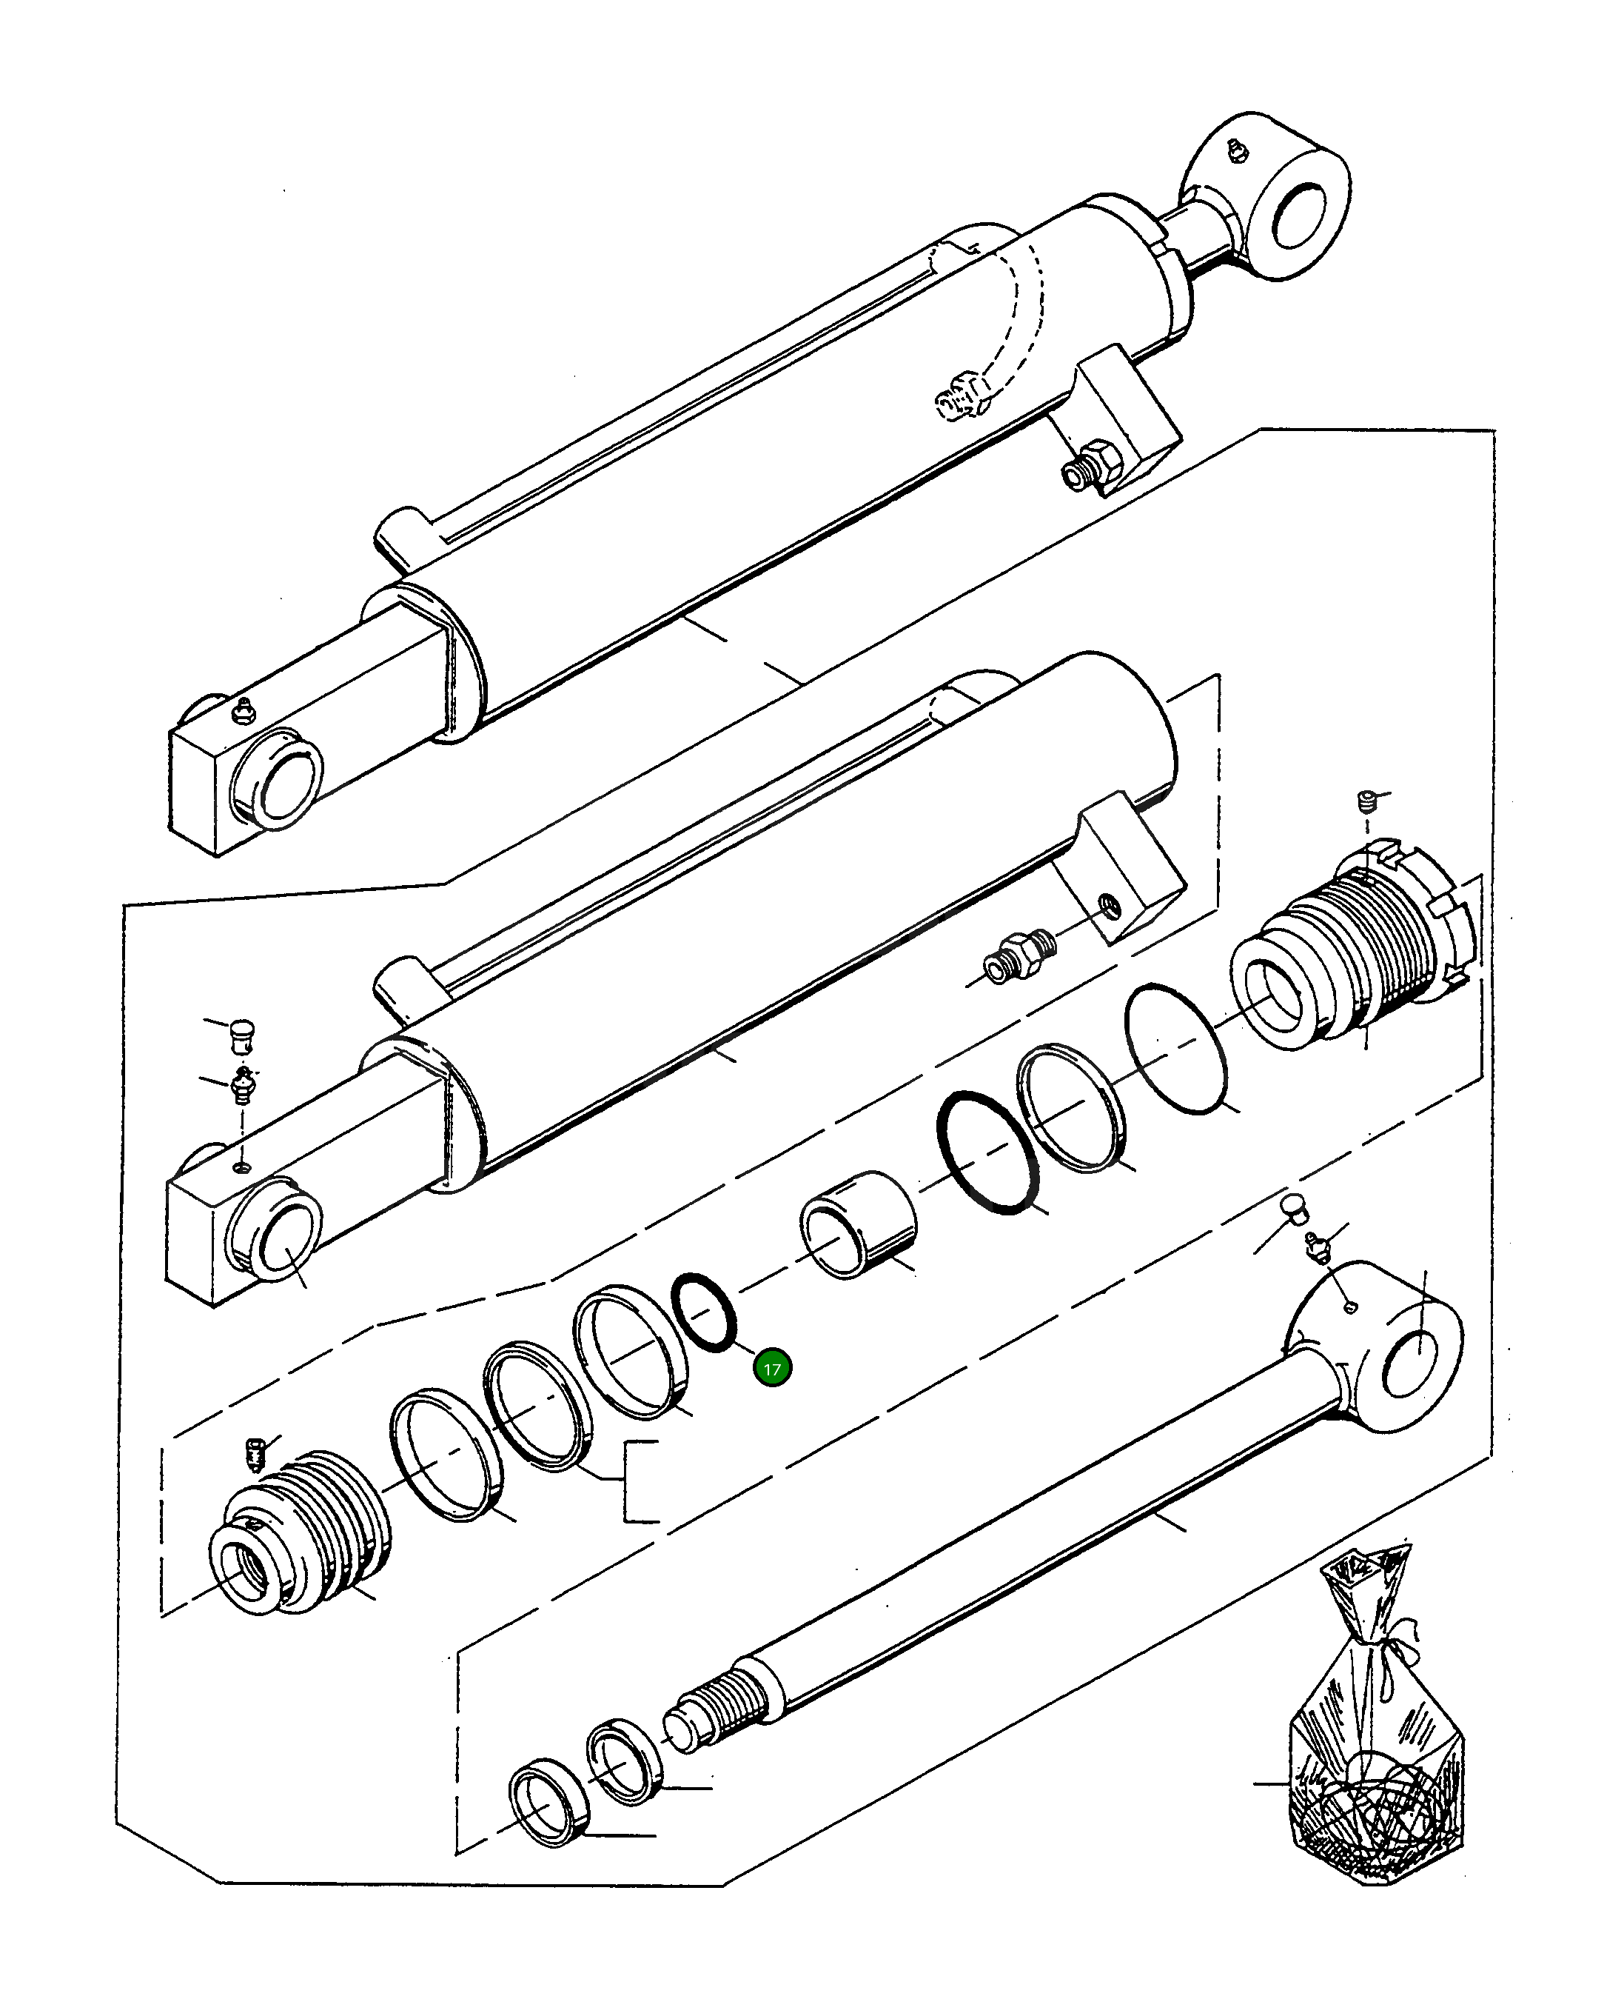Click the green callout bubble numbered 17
click(773, 1368)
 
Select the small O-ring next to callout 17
click(705, 1312)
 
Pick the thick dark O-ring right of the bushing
click(988, 1153)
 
